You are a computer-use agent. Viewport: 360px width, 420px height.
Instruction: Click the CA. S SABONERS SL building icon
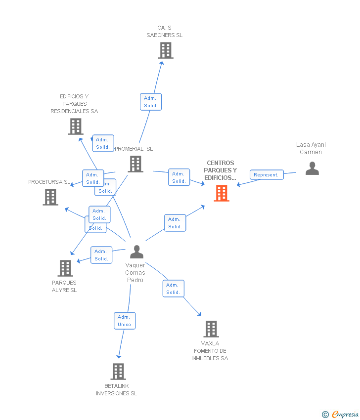166,50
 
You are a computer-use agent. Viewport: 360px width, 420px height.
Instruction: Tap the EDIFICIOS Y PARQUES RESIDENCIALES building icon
75,126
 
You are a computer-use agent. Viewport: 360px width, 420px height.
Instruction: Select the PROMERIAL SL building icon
135,164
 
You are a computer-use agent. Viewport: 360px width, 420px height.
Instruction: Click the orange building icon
221,193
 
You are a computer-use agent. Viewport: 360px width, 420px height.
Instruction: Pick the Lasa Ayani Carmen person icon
312,169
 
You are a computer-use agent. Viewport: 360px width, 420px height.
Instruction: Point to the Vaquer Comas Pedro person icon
136,252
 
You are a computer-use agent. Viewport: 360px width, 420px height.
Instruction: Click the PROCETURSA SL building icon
50,197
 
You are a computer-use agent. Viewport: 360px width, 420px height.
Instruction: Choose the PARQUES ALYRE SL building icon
65,268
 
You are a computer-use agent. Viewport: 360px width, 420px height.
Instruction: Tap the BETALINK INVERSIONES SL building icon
118,372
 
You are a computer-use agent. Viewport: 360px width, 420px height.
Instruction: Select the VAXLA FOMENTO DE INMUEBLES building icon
211,329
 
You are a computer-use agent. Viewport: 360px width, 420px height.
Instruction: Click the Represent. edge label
267,174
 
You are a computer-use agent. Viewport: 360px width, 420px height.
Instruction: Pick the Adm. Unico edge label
124,321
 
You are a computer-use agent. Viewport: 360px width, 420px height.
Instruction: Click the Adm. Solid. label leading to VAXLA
173,289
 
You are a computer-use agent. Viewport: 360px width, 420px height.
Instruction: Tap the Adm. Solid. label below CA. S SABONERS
151,102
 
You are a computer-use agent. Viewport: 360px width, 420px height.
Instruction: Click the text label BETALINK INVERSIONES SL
117,389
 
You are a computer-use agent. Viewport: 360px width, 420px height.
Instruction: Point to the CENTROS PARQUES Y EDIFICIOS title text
221,170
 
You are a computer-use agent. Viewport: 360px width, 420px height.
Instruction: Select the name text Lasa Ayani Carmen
311,148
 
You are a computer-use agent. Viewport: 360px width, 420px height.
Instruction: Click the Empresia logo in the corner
341,415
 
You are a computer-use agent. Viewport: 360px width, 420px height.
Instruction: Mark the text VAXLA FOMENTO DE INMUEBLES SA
210,351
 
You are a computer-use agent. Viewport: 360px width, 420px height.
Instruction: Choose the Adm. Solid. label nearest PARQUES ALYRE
101,255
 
